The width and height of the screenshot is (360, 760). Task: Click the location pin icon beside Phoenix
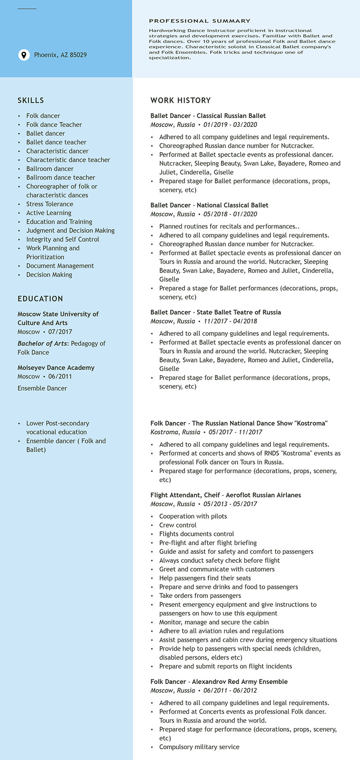click(x=23, y=55)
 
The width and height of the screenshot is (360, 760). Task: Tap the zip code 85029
click(x=78, y=55)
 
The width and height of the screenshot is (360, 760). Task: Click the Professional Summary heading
click(x=199, y=21)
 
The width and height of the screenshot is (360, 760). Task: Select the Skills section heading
click(x=31, y=100)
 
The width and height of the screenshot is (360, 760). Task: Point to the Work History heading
click(x=180, y=100)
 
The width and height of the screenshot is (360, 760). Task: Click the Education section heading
click(x=40, y=299)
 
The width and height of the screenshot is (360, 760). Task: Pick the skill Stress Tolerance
click(x=49, y=204)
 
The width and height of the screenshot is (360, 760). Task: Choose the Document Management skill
click(x=60, y=266)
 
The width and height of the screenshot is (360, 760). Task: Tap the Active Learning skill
click(x=49, y=213)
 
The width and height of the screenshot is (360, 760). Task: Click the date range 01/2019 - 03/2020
click(x=230, y=125)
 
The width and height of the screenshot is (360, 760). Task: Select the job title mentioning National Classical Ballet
click(x=209, y=205)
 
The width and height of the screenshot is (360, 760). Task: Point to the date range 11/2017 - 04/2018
click(x=230, y=321)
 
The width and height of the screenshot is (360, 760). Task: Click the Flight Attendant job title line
click(x=225, y=495)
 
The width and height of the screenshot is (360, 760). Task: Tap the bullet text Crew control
click(x=178, y=525)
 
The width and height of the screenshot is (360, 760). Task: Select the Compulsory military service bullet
click(x=199, y=746)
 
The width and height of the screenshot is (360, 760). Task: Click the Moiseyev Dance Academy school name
click(x=56, y=367)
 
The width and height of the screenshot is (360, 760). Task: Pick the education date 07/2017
click(x=60, y=332)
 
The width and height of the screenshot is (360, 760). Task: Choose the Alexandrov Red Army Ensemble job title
click(x=219, y=682)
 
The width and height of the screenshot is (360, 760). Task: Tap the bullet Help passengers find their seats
click(x=205, y=578)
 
